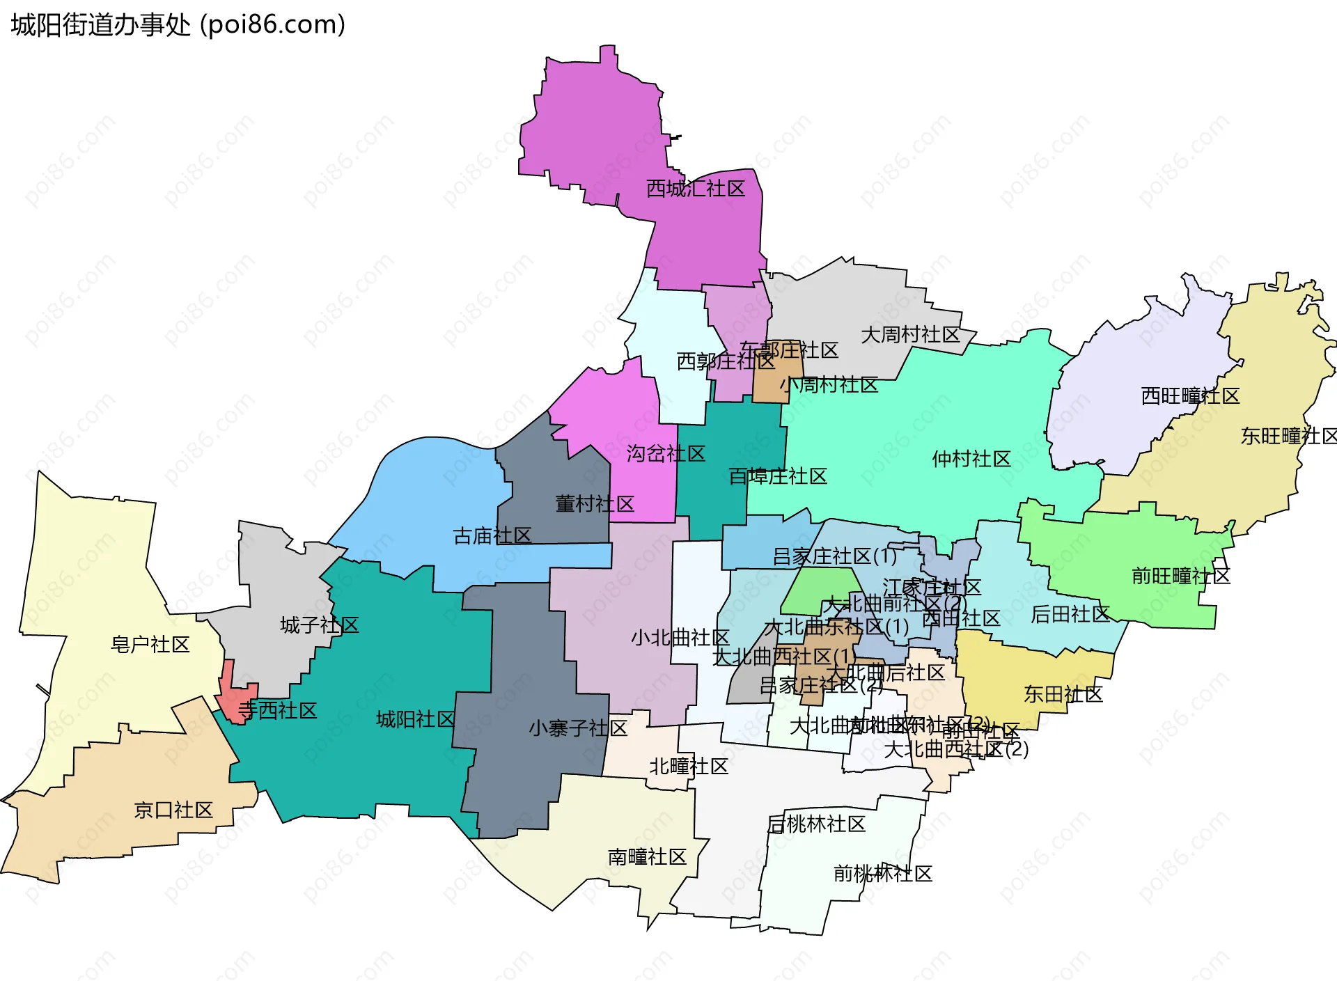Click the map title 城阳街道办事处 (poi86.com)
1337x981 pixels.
pos(178,25)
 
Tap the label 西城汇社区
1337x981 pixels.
pos(696,189)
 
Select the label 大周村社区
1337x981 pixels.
pos(910,335)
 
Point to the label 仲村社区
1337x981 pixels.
pos(971,459)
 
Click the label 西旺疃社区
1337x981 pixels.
pos(1190,396)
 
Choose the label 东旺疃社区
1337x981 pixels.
pos(1288,437)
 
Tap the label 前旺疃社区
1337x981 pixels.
pos(1181,576)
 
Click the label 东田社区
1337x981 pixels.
pos(1063,694)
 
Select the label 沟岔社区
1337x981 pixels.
pos(666,454)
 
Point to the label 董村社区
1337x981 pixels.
pos(595,504)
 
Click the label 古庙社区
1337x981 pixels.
pos(492,536)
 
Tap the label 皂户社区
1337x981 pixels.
pos(150,645)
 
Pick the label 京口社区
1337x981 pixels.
pos(173,810)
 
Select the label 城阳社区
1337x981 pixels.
pos(416,719)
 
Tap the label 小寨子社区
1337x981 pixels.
pos(578,729)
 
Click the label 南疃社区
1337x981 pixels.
pos(648,857)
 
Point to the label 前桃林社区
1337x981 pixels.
pos(883,874)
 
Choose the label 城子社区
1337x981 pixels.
pos(320,625)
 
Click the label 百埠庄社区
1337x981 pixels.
pos(778,477)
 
